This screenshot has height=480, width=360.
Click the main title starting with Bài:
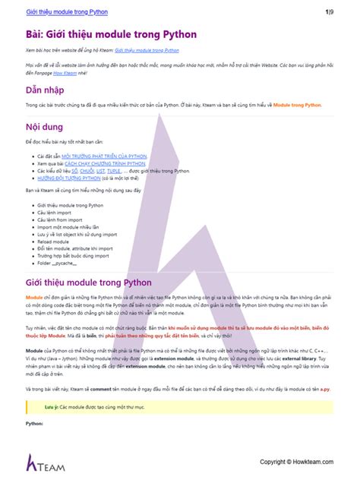[x=111, y=34]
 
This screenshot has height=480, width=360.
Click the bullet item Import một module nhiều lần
[x=68, y=226]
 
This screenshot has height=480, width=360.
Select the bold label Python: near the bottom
[x=34, y=422]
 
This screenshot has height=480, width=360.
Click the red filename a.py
[x=325, y=389]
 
